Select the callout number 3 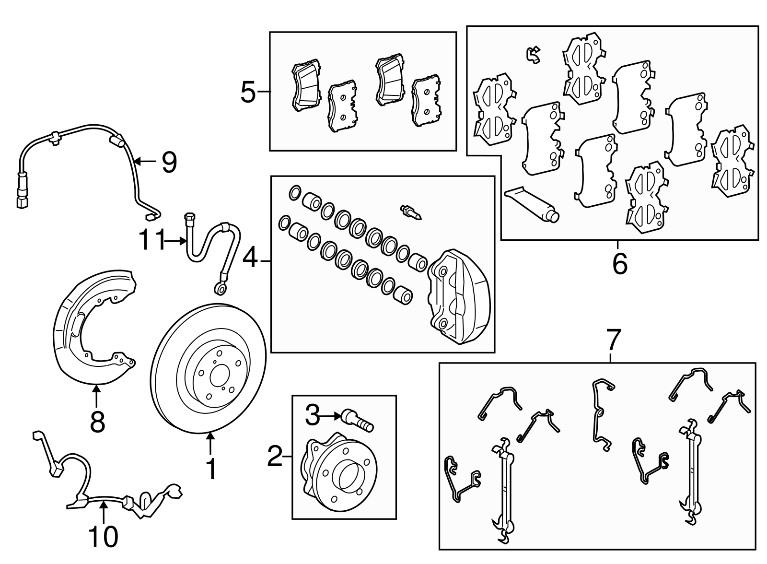312,415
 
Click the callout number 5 248,92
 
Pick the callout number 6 619,263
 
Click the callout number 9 169,162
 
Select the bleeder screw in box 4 410,211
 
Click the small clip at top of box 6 533,55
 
